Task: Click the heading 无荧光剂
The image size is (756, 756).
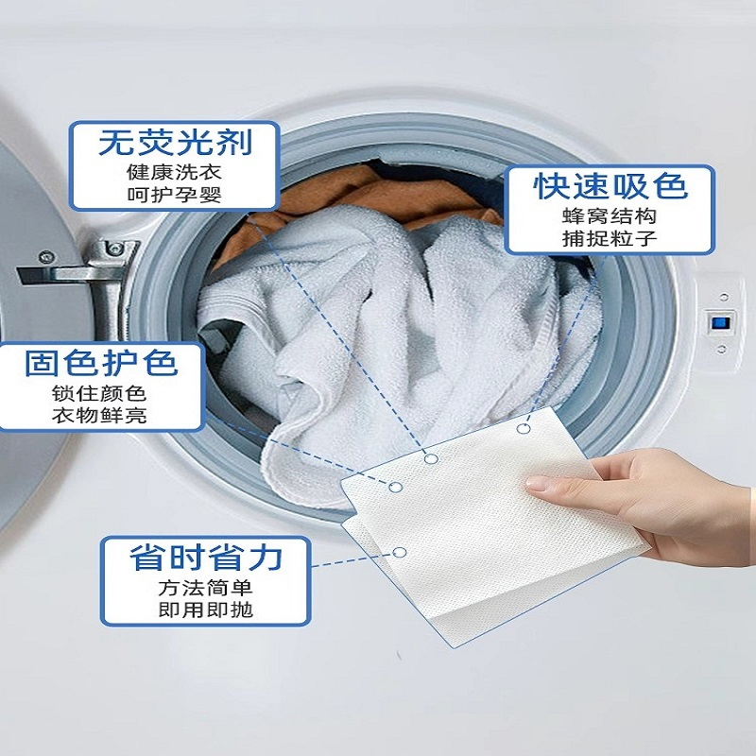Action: (176, 143)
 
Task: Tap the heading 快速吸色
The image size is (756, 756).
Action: (610, 185)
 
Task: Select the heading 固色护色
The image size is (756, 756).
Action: (101, 363)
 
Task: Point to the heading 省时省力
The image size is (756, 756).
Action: (206, 558)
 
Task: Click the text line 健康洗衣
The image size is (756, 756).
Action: (174, 172)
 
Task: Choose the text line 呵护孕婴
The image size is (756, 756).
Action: (174, 195)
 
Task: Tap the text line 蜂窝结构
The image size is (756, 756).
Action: (610, 216)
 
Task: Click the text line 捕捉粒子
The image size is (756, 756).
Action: (610, 238)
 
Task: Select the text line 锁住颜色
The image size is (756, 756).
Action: (99, 394)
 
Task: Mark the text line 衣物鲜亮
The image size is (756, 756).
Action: (99, 415)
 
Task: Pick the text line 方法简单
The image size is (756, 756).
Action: (205, 588)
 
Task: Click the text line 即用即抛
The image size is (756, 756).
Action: (205, 610)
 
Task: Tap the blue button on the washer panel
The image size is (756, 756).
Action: (720, 322)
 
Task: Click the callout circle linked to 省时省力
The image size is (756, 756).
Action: (399, 553)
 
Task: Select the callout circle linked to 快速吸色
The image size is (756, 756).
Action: (524, 428)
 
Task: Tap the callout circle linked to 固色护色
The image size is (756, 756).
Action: (395, 487)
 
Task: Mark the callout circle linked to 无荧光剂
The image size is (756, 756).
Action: (431, 458)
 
